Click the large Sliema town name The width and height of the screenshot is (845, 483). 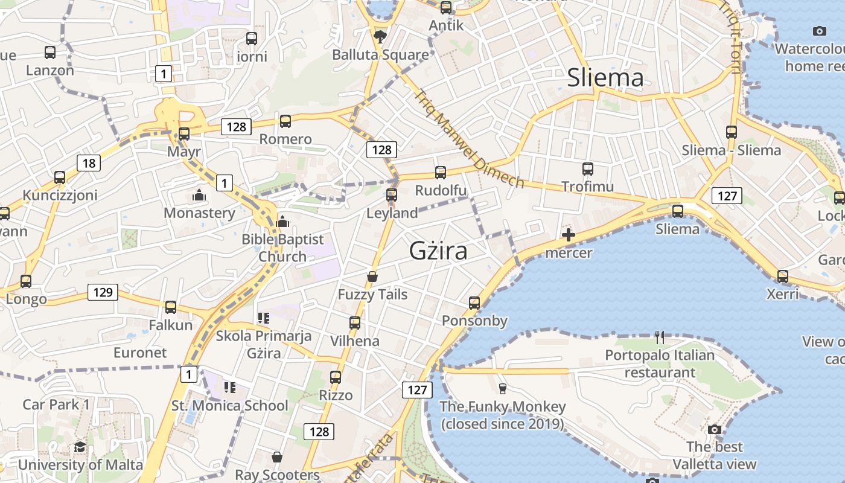point(605,78)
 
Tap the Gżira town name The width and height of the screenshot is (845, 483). point(438,250)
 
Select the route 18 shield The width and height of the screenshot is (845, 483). point(88,162)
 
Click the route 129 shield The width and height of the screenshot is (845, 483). point(103,292)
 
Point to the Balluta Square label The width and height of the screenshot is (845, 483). point(380,54)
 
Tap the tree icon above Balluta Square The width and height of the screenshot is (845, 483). point(380,37)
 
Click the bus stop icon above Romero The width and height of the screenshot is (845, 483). point(285,121)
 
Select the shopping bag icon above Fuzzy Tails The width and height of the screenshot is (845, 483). point(372,277)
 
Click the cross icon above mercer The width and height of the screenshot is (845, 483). point(568,235)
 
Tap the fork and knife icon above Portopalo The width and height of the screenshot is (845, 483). point(659,337)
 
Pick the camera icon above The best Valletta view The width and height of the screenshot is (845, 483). point(715,429)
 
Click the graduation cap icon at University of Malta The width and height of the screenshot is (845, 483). point(80,447)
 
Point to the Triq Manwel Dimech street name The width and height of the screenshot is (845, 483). point(468,138)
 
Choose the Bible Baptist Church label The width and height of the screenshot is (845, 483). point(282,248)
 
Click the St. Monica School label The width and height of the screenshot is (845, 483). point(230,405)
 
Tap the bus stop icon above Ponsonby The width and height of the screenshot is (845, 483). point(474,302)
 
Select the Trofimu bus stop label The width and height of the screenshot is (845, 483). point(587,187)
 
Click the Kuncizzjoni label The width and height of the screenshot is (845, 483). point(60,195)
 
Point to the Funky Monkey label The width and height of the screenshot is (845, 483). point(502,415)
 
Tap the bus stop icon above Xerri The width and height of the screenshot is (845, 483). point(782,277)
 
